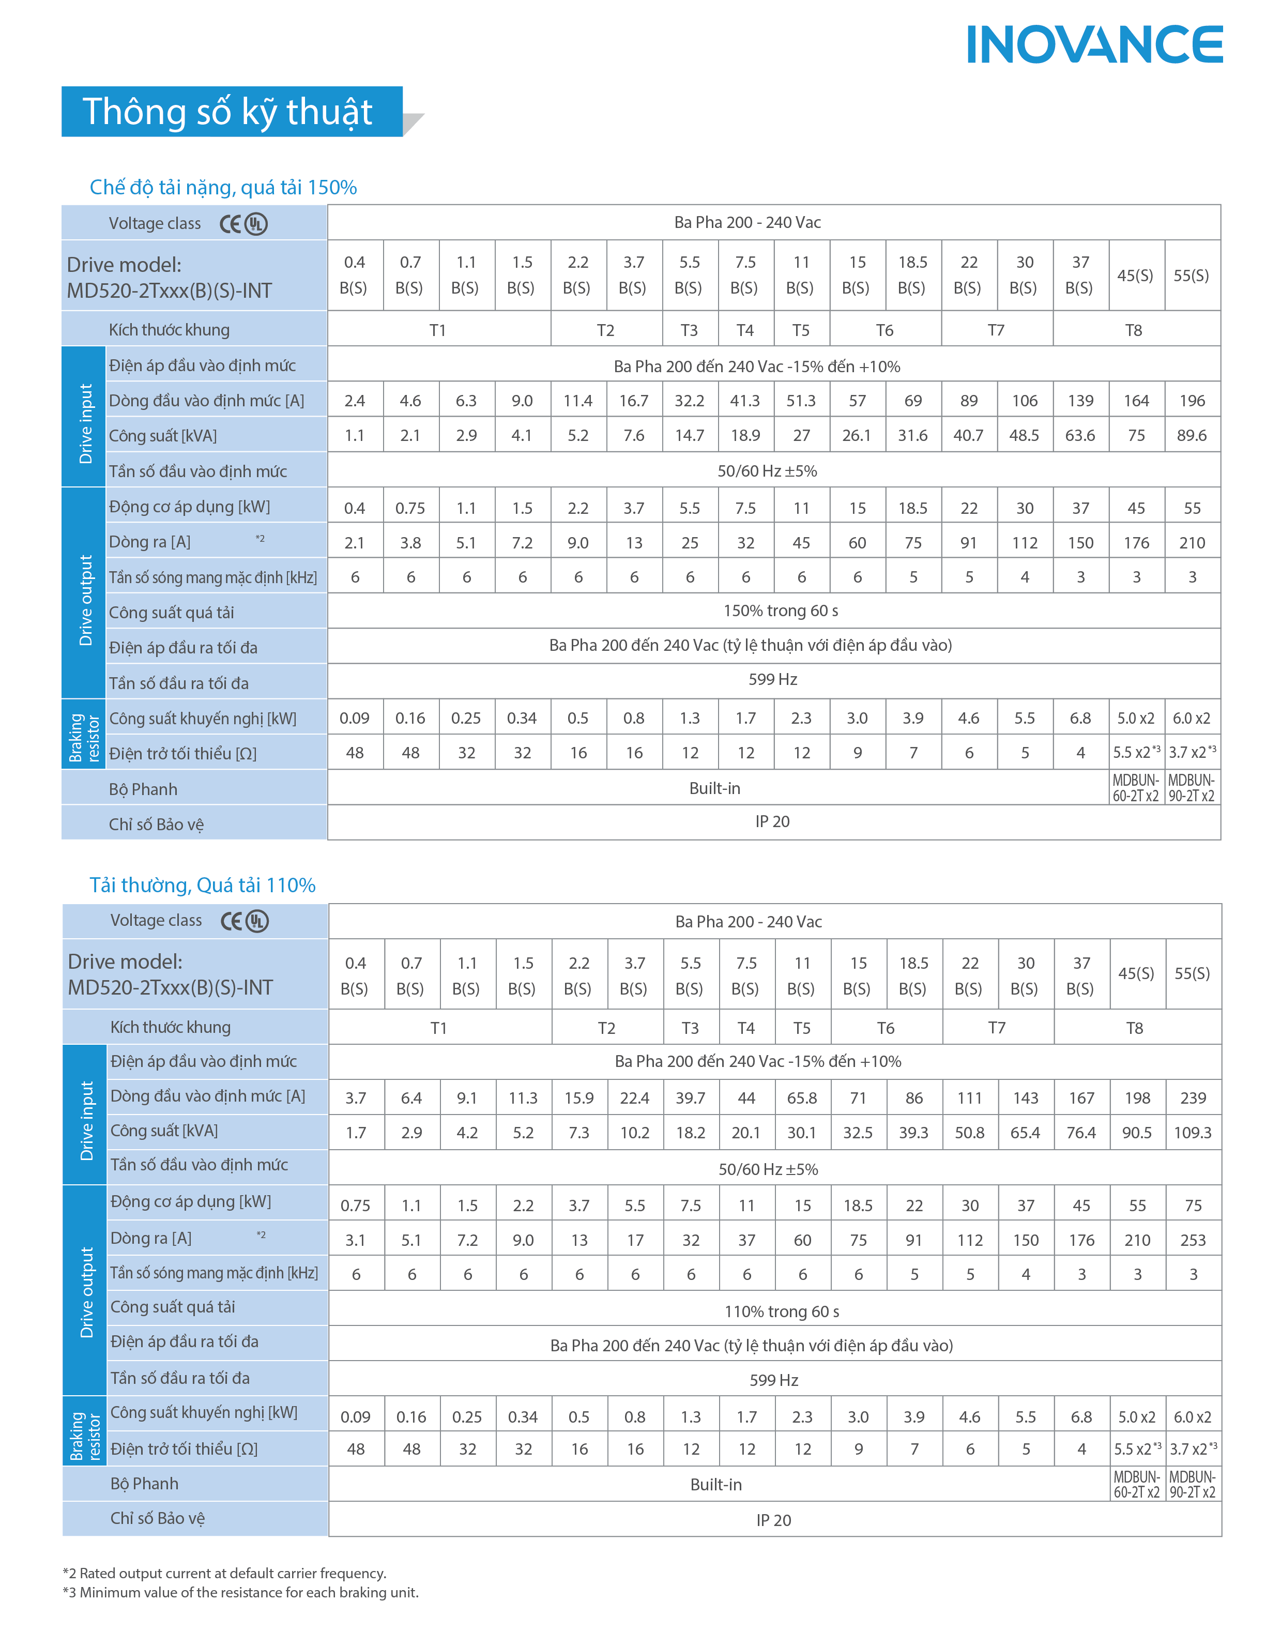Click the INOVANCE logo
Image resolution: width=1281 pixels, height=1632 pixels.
click(x=1094, y=44)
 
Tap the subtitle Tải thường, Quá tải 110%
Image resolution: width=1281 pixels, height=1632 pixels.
click(x=203, y=885)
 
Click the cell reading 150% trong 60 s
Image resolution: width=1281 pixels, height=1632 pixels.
click(x=780, y=611)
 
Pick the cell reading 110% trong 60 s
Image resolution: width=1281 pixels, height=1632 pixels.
click(x=781, y=1311)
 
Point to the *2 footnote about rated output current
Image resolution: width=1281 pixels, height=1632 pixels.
click(x=224, y=1573)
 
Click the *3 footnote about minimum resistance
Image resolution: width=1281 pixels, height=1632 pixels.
click(x=240, y=1592)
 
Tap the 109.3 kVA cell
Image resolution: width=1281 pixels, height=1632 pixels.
click(x=1193, y=1133)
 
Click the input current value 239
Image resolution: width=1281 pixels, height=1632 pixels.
click(x=1193, y=1098)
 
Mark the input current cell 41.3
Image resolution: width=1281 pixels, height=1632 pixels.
click(x=745, y=401)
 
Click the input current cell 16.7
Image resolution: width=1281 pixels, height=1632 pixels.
click(x=634, y=401)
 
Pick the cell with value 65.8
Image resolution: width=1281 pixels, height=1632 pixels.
click(x=802, y=1098)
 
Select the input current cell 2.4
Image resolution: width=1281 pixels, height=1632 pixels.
click(x=354, y=401)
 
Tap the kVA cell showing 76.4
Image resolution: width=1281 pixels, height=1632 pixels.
click(x=1081, y=1133)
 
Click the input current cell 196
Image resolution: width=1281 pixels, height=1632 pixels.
click(x=1192, y=401)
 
